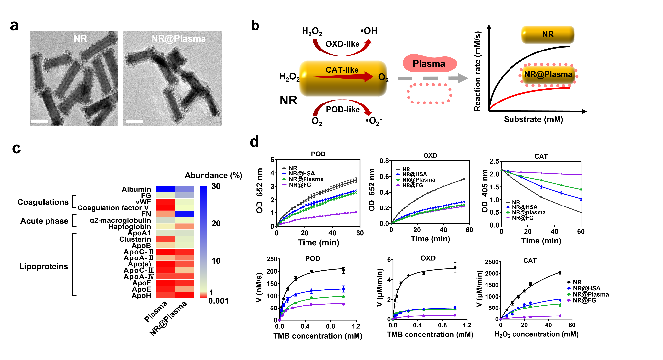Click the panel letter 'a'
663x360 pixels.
coord(15,26)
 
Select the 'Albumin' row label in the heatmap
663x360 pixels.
coord(137,190)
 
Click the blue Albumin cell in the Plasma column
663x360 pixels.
coord(165,190)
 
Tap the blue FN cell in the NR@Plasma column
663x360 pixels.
coord(184,214)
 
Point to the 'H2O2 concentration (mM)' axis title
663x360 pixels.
coord(536,334)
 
